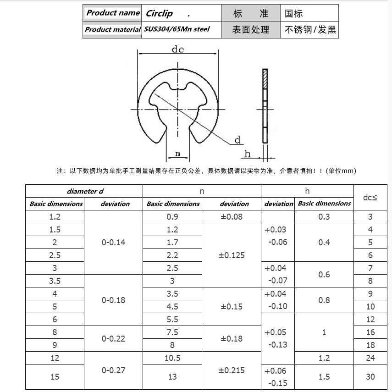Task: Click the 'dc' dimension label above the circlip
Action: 178,50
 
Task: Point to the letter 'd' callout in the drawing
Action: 237,140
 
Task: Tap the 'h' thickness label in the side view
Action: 248,154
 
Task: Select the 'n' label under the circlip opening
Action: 177,153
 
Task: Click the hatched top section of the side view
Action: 265,79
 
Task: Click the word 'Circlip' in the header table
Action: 160,13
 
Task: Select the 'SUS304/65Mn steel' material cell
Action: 177,29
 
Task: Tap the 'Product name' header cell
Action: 113,13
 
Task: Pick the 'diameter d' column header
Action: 85,191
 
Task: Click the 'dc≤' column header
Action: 370,198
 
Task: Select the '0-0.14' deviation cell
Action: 114,242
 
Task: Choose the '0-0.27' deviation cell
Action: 114,370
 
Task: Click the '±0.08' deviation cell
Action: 232,216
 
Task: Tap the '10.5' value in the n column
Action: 172,358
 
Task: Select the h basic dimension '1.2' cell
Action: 324,358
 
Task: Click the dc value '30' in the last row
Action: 370,376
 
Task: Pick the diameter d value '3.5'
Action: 55,281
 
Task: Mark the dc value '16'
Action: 370,332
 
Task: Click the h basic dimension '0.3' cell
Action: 324,217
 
